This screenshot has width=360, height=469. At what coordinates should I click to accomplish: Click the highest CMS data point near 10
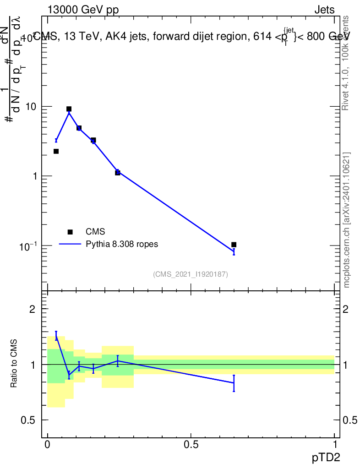click(x=69, y=109)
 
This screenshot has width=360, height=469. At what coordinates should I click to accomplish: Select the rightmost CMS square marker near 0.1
click(x=234, y=245)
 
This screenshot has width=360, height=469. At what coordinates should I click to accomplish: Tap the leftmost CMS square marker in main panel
click(x=56, y=151)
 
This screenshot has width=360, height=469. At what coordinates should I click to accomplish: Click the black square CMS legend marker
click(x=70, y=232)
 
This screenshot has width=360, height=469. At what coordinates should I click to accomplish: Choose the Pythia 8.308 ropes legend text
click(x=122, y=244)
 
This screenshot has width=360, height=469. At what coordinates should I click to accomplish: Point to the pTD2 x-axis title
click(x=327, y=457)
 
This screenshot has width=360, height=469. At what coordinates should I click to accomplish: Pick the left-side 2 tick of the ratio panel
click(x=33, y=309)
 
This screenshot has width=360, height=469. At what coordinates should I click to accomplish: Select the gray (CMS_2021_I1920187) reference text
click(x=191, y=274)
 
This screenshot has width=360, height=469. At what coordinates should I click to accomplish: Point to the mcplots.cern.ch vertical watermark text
click(x=347, y=220)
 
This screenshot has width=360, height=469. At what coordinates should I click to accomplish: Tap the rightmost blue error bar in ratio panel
click(x=234, y=383)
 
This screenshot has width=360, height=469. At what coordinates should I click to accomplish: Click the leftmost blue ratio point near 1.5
click(x=56, y=336)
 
